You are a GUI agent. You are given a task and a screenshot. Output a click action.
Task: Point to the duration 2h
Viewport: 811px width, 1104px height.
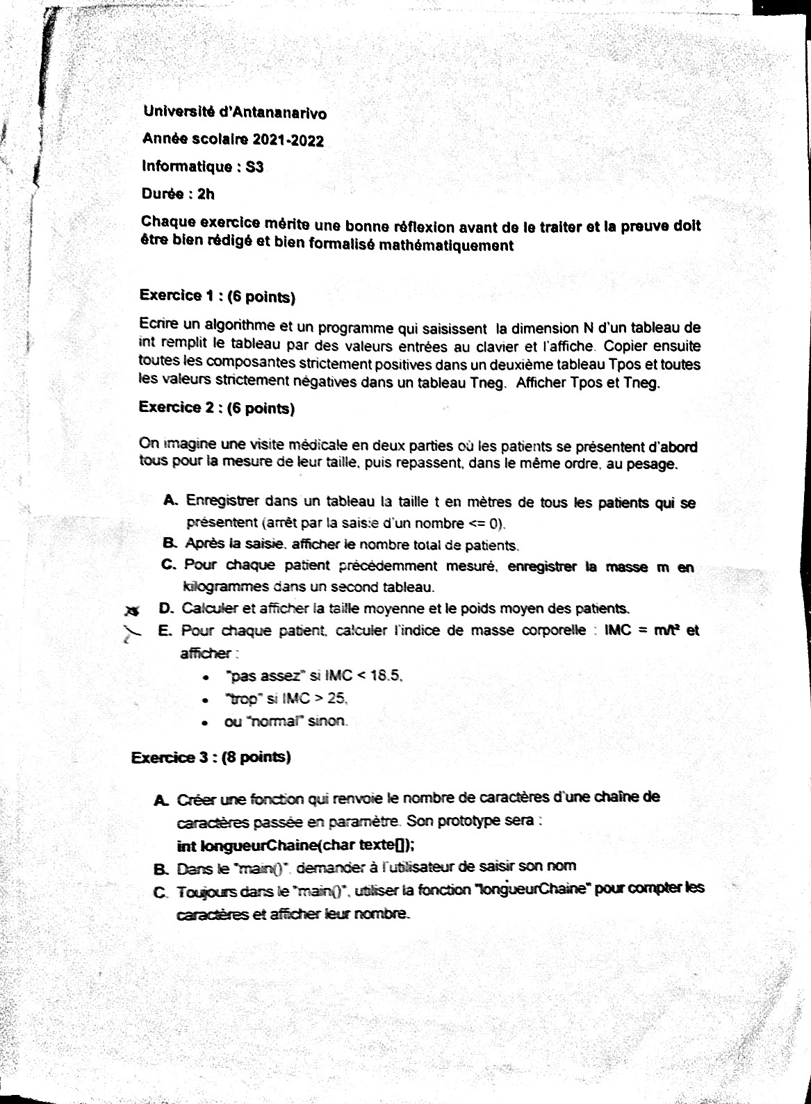(206, 195)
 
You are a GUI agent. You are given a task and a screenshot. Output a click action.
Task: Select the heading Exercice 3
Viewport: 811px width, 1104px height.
(170, 757)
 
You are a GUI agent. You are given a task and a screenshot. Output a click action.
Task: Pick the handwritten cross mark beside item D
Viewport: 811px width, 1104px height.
(131, 611)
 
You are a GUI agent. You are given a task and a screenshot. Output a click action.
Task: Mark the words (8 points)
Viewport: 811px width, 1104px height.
(255, 757)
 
